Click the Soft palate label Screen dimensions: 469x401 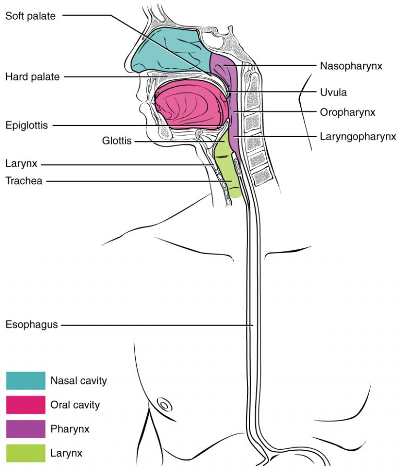30,16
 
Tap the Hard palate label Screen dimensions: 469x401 32,77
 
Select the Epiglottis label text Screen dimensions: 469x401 27,125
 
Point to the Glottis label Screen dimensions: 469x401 117,141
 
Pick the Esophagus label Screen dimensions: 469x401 31,325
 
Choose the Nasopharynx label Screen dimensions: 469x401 351,66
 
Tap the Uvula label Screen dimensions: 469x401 334,92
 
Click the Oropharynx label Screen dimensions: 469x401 348,112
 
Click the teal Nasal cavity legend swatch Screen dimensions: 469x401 25,380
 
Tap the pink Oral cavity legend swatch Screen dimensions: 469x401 25,405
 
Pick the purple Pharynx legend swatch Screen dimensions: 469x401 25,429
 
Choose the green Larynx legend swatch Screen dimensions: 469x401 25,453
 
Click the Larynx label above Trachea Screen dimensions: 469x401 20,165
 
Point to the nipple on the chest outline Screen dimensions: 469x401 163,404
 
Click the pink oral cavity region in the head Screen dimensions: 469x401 188,104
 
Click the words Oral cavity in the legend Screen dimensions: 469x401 75,405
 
